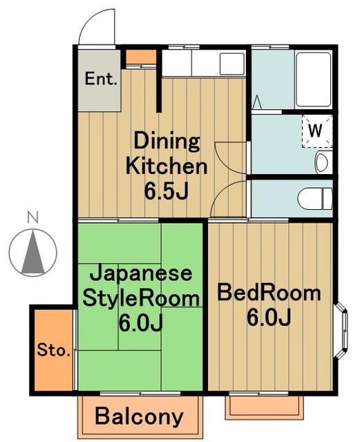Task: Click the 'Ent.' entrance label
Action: [x=101, y=79]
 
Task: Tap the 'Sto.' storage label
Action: [x=53, y=350]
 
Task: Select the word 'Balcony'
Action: [x=140, y=416]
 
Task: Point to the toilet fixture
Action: [x=315, y=199]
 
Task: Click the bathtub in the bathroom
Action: [x=313, y=79]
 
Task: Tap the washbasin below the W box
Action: [x=321, y=162]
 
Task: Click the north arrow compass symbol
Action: [x=32, y=252]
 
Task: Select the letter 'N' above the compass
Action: [x=32, y=218]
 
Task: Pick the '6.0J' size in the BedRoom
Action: [x=269, y=317]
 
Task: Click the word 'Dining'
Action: [x=167, y=142]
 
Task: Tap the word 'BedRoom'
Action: [x=269, y=293]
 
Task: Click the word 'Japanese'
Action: [x=140, y=273]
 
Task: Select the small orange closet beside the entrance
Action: [x=141, y=57]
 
